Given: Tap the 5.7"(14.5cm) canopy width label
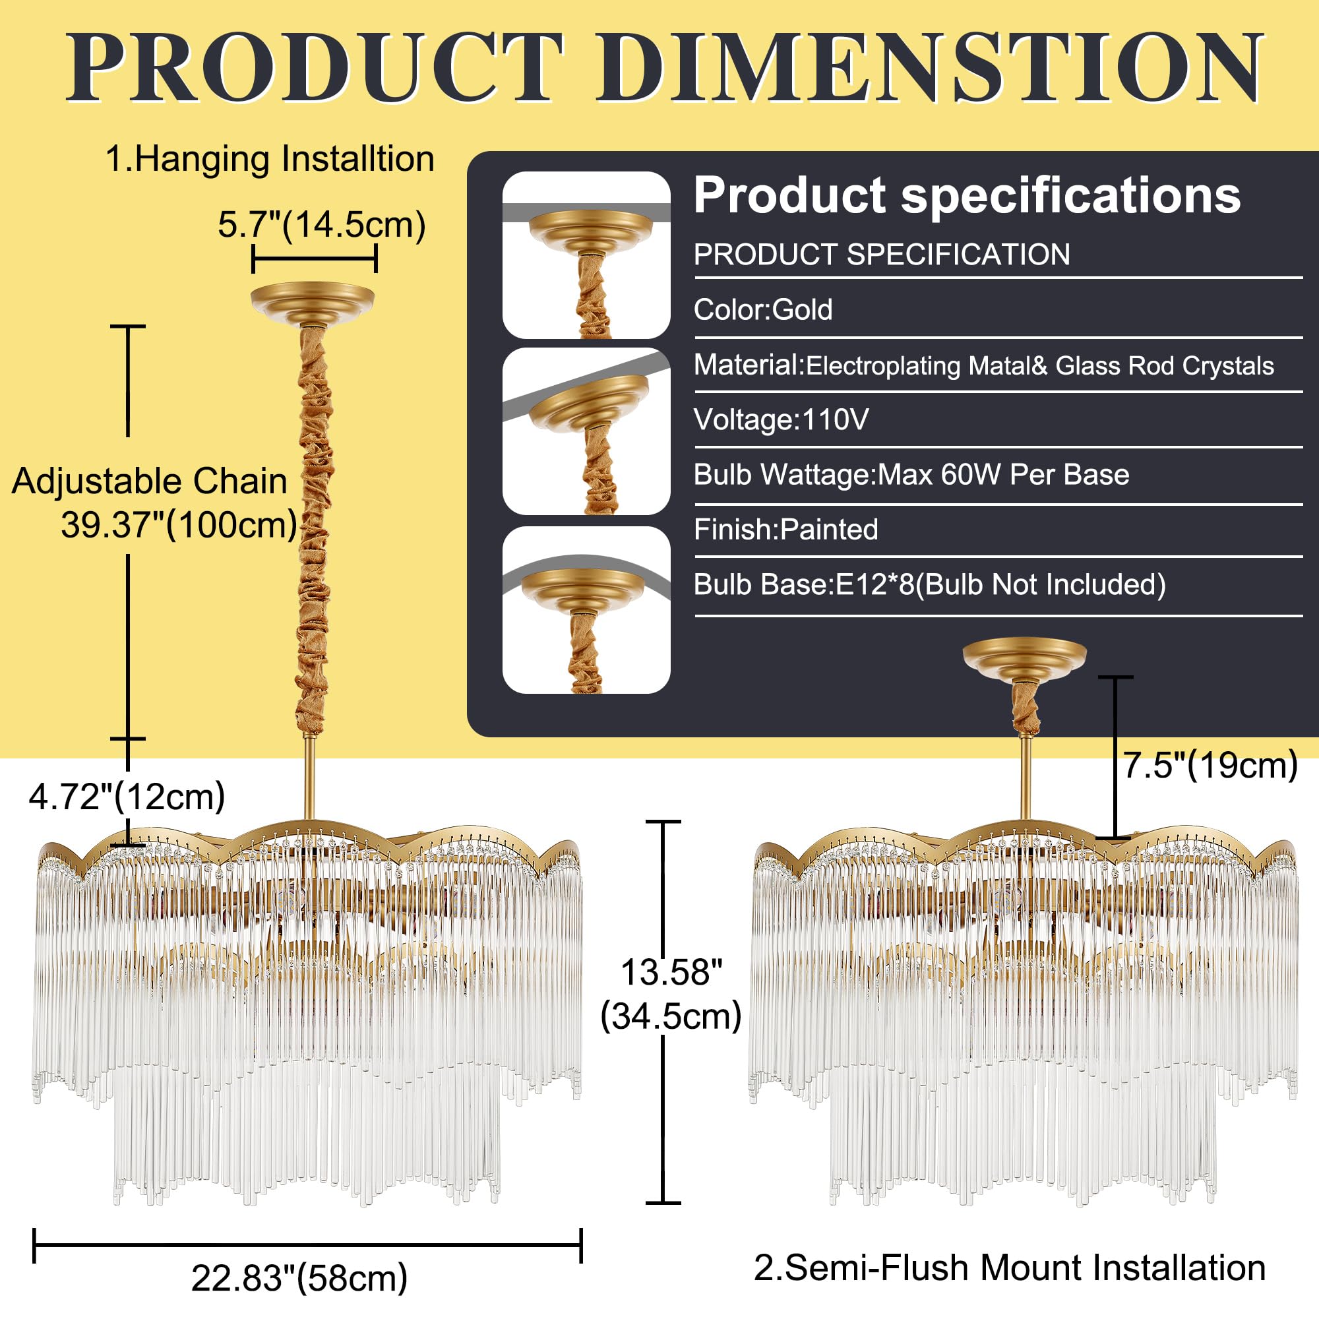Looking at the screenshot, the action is click(x=322, y=225).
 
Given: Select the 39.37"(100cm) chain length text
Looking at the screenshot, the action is click(x=179, y=525).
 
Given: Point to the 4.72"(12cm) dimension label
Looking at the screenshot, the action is click(x=127, y=796).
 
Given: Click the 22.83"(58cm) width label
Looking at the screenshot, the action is click(x=299, y=1277).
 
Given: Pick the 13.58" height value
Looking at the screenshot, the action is click(x=671, y=971).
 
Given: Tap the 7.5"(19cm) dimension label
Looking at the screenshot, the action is click(x=1210, y=764).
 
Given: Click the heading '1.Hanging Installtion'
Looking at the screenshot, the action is click(x=270, y=159).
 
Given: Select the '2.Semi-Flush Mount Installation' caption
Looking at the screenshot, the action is click(x=1010, y=1268).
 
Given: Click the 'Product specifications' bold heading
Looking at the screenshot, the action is click(x=967, y=195).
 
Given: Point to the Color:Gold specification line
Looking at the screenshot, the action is click(x=762, y=309).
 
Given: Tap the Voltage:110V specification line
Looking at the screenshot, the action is click(x=781, y=419).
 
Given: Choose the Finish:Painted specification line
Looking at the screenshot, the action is click(x=786, y=529).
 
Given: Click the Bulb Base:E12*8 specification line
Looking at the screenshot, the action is click(x=930, y=584).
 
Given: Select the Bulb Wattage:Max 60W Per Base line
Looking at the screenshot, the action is click(x=911, y=474).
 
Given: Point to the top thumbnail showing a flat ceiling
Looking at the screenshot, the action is click(x=586, y=255).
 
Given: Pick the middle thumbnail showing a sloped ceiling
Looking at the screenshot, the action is click(x=586, y=431).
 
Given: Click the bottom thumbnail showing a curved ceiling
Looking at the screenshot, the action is click(x=586, y=609).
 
